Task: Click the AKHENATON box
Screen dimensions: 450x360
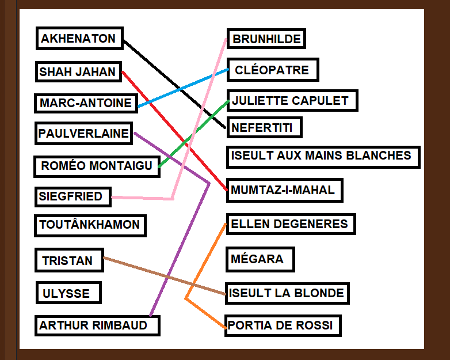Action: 79,39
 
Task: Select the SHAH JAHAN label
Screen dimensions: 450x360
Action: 78,71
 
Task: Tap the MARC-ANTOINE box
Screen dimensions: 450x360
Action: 86,103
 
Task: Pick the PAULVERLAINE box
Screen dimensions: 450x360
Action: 83,133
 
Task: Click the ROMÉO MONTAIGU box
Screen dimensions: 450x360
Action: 97,166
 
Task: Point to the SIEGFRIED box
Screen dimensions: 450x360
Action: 73,197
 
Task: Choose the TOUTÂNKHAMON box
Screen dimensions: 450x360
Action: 90,226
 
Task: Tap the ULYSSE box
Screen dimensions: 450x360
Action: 68,293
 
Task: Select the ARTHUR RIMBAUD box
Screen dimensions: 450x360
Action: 97,326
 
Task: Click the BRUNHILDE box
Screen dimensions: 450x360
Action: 266,39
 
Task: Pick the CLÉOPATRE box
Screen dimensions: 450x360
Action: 273,70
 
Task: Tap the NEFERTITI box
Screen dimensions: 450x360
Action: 264,127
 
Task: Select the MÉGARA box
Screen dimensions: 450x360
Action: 260,259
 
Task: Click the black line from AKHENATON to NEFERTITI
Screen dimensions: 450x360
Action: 174,84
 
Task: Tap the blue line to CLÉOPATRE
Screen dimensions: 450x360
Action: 183,88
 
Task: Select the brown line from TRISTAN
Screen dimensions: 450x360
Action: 165,276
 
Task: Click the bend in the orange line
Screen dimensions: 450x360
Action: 186,299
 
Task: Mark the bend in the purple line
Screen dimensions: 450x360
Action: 209,183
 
